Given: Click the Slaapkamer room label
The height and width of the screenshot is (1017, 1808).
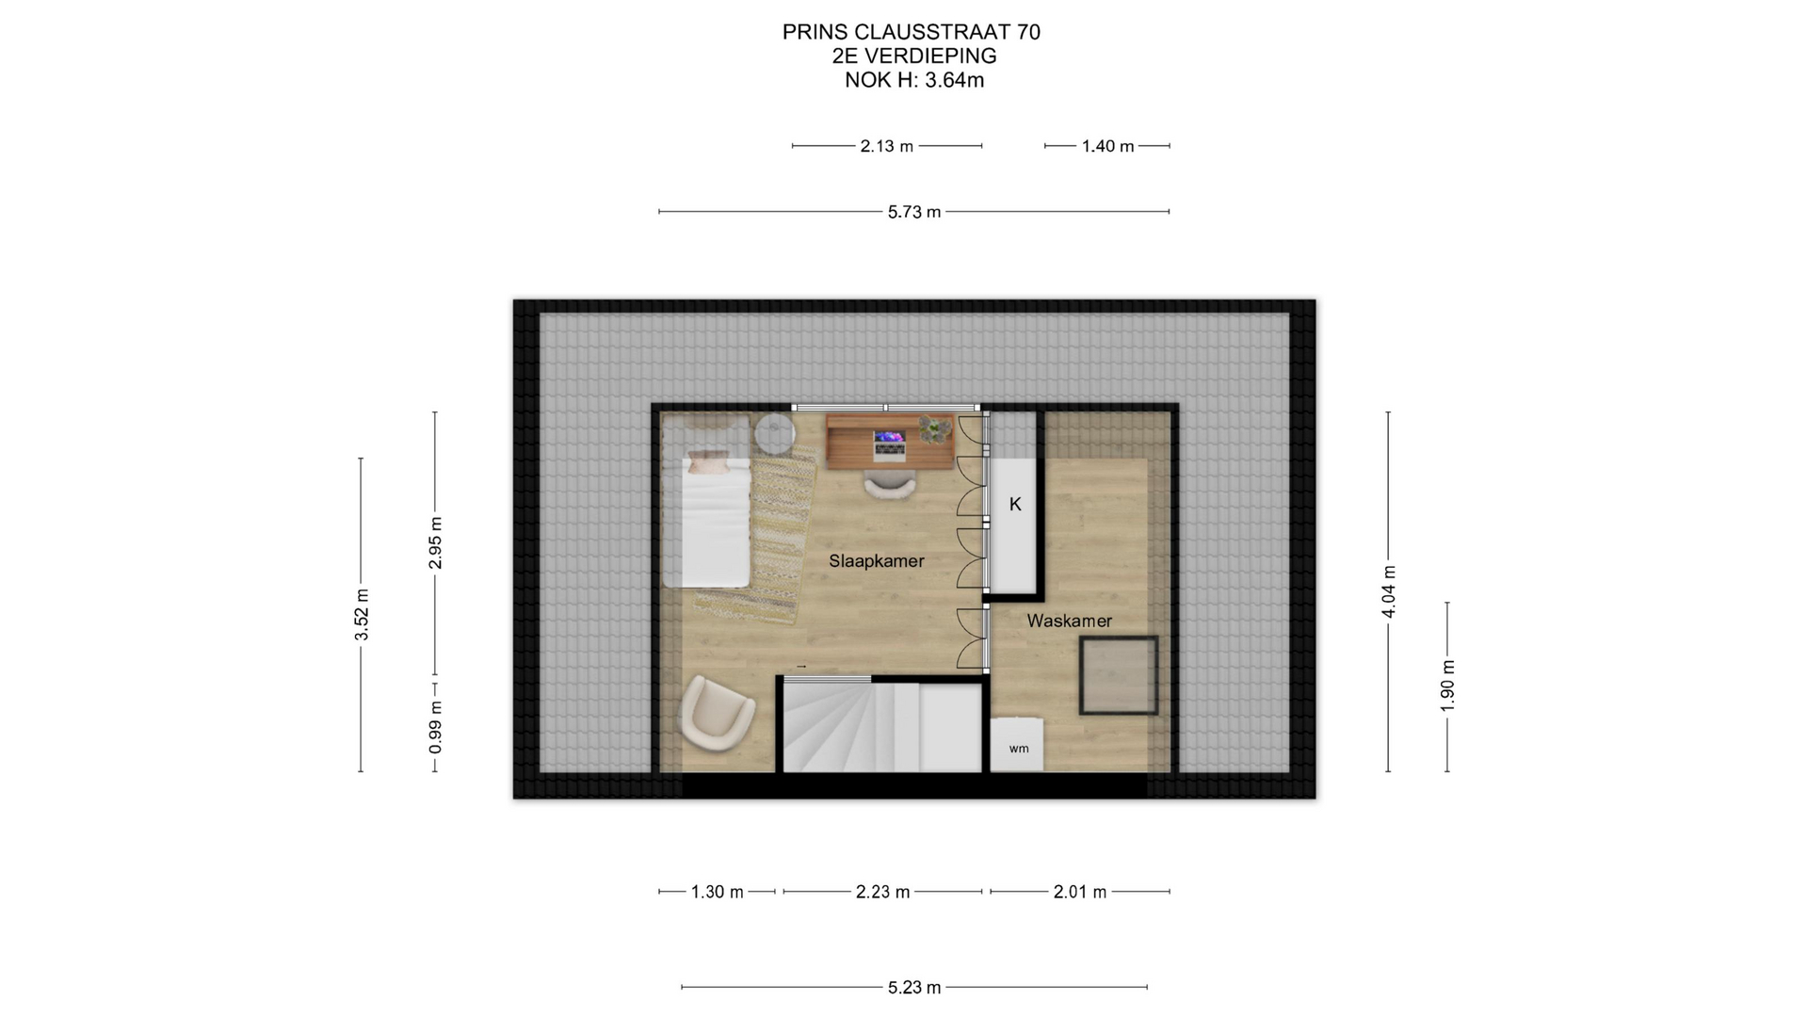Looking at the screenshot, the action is tap(876, 561).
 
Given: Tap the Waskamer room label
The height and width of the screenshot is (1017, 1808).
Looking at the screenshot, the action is tap(1069, 621).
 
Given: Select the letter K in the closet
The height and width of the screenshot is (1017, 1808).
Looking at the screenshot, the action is tap(1015, 505).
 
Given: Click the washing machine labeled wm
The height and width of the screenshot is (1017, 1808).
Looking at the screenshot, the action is tap(1017, 745).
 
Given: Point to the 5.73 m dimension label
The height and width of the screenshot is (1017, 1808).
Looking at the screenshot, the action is tap(913, 212).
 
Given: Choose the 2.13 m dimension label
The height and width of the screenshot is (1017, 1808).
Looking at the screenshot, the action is tap(886, 146).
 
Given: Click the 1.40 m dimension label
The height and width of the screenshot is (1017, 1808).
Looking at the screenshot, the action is tap(1107, 146).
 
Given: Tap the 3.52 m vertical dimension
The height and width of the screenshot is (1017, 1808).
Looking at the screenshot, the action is tap(362, 615).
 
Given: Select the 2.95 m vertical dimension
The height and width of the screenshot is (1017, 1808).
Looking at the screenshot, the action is tap(435, 543).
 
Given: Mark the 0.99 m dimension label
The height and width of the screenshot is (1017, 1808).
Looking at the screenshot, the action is tap(435, 727).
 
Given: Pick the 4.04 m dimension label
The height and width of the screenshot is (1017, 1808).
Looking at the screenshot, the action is tap(1388, 592).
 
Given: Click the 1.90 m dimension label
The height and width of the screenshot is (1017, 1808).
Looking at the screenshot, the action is tap(1447, 686).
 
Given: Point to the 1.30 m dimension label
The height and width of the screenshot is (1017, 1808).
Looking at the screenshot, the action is tap(717, 892).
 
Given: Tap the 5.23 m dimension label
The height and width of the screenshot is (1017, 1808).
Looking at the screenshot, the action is tap(913, 988).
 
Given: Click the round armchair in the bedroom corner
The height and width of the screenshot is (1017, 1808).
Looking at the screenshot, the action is tap(716, 713).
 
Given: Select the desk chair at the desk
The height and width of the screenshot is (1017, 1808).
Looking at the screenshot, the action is tap(889, 485).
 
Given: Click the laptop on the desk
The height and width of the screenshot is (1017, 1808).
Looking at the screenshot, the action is tap(889, 444).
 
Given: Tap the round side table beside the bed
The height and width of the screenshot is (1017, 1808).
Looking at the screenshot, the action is tap(775, 434).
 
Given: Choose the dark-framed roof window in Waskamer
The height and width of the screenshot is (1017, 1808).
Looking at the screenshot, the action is tap(1119, 675).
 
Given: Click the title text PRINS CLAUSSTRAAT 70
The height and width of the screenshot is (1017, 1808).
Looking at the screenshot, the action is tap(911, 32).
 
